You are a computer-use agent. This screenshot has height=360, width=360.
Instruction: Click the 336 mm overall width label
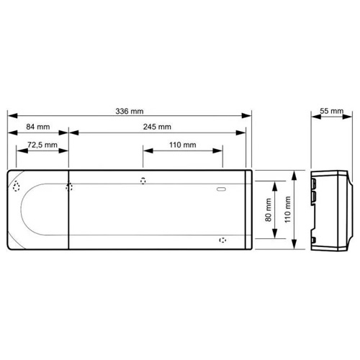(x=129, y=112)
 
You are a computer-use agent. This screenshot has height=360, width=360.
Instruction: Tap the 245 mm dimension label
(x=158, y=127)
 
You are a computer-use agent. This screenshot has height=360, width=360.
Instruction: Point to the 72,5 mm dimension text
(x=40, y=145)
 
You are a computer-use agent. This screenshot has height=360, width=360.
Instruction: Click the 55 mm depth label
(x=331, y=112)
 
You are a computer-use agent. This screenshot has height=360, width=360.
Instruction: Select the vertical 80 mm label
(x=269, y=210)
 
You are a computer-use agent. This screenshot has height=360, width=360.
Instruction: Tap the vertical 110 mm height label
(x=288, y=210)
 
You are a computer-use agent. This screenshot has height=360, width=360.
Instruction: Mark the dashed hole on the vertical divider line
(x=68, y=187)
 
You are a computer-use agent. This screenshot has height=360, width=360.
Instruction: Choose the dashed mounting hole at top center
(x=143, y=181)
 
